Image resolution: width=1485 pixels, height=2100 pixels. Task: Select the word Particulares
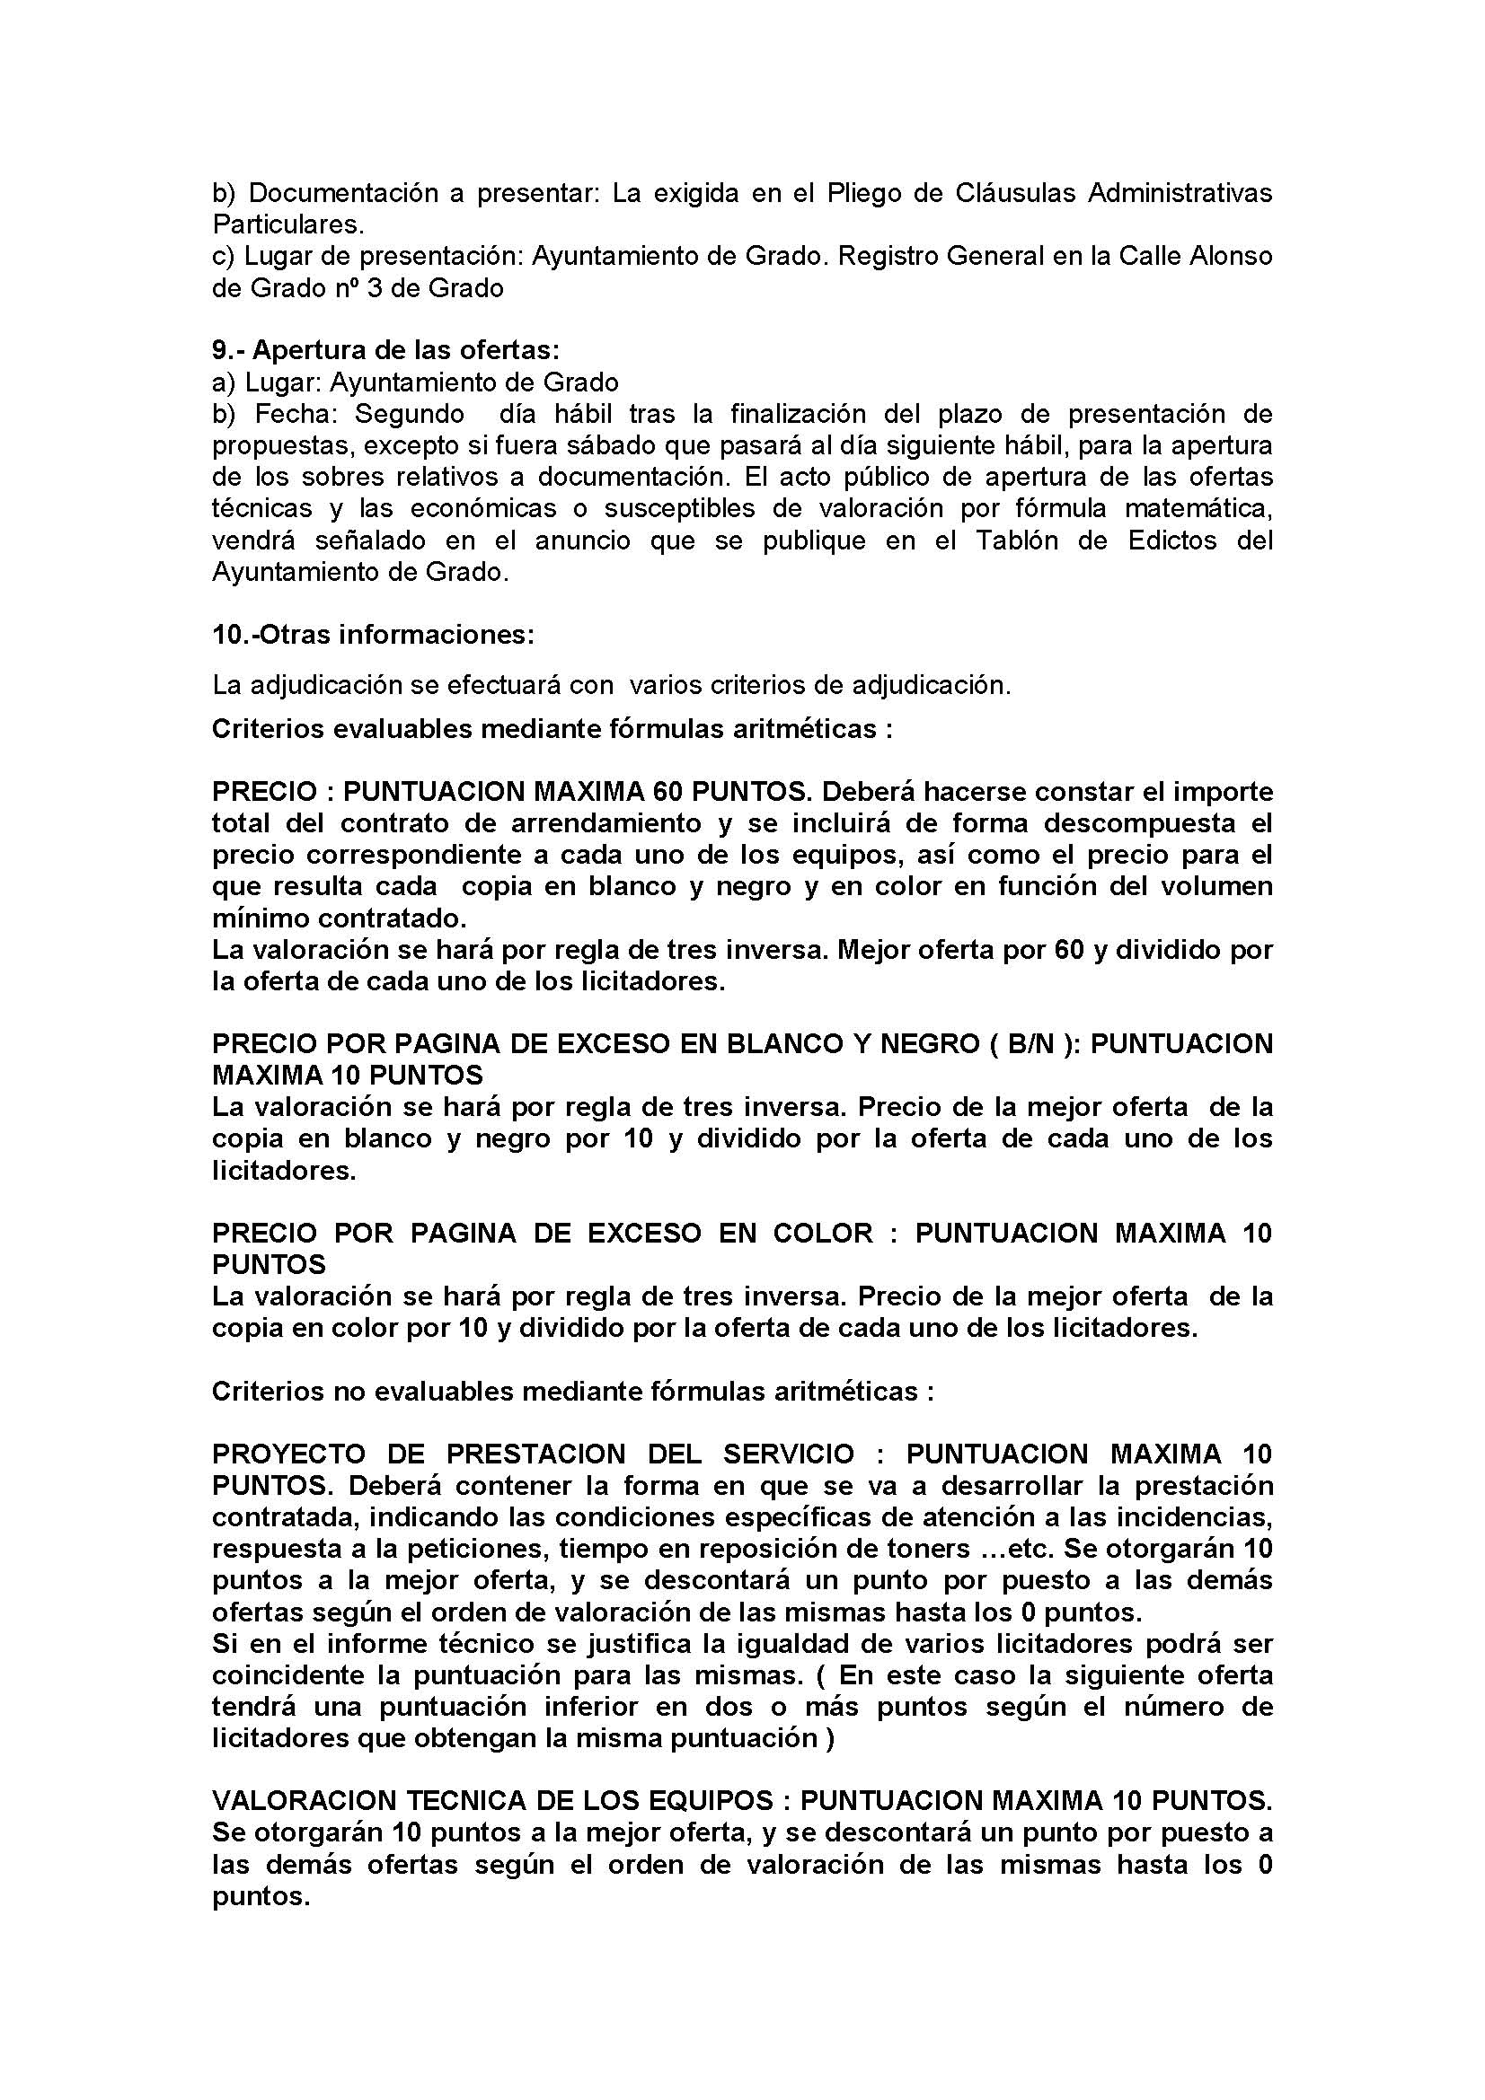(x=287, y=225)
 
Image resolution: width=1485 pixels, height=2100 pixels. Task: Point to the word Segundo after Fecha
(x=409, y=414)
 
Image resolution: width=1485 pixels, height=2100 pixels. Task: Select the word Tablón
(x=1009, y=540)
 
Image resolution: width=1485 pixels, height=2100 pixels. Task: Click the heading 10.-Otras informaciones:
(x=374, y=635)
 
